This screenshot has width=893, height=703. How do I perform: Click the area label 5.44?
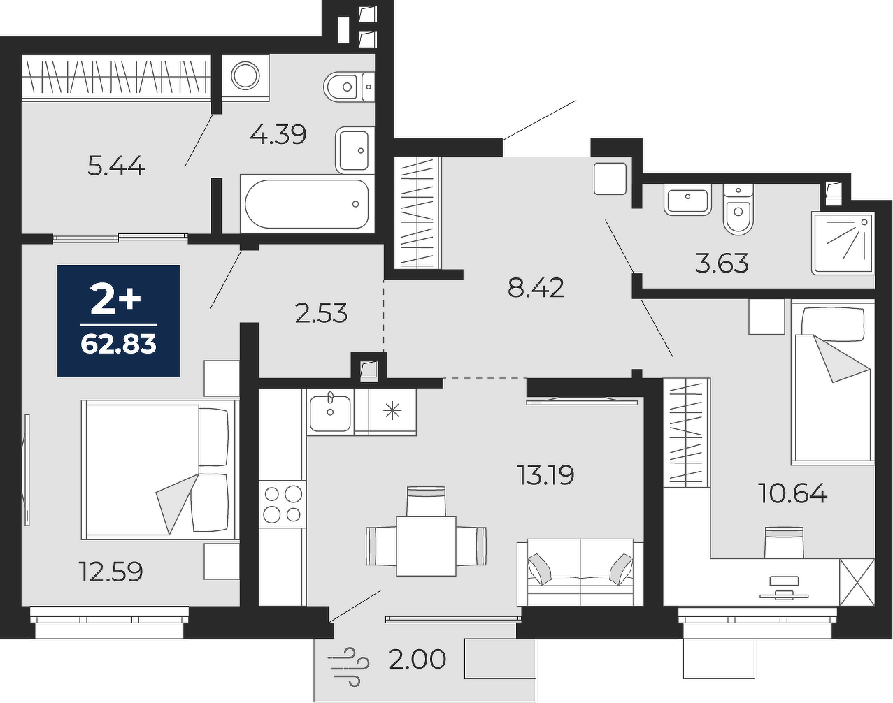pos(116,167)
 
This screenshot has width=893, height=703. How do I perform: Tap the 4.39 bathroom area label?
pos(278,134)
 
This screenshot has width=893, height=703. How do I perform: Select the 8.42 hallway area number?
pos(536,288)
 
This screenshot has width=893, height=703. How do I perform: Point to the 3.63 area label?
pos(722,263)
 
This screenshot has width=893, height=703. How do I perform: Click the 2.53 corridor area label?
pos(321,313)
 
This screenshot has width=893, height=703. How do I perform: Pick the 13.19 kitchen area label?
pos(545,474)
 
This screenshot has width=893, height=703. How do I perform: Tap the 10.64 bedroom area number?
pos(792,493)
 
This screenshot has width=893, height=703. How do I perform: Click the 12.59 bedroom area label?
pos(110,571)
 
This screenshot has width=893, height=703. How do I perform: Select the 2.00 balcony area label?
pos(417,659)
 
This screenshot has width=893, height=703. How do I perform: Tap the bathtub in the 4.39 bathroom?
pos(307,203)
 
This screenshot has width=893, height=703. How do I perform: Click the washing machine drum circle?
pos(245,76)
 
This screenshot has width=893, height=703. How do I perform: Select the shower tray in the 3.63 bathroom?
pos(843,243)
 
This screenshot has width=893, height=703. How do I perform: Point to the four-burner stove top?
pos(283,504)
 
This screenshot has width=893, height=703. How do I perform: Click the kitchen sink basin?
pos(330,413)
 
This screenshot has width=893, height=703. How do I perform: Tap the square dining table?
pos(426,546)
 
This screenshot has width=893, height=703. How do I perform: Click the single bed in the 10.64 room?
pos(833,382)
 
